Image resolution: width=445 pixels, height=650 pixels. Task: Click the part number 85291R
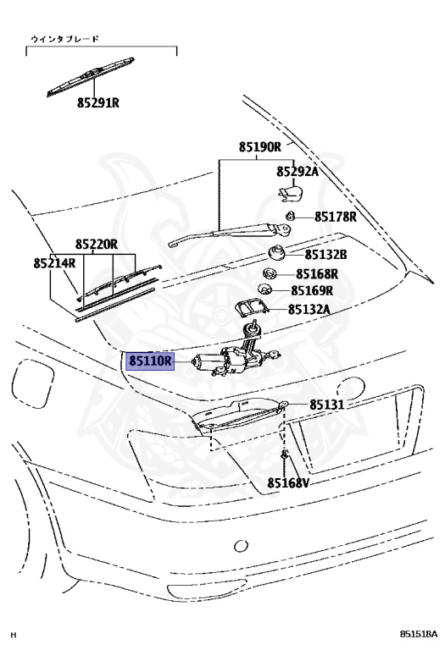[x=98, y=102]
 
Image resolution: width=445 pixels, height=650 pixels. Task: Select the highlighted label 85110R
[x=150, y=361]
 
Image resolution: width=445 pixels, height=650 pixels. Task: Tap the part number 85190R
[x=260, y=146]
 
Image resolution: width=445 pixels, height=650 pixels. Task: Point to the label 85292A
[x=298, y=171]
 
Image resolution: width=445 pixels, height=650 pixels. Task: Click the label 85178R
[x=336, y=217]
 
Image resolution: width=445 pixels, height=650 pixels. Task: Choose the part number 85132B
[x=325, y=254]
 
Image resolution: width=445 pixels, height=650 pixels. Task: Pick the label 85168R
[x=317, y=274]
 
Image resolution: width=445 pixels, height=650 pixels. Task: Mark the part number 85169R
[x=312, y=290]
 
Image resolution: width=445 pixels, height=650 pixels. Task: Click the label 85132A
[x=309, y=309]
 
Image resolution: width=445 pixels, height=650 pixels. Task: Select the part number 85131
[x=327, y=405]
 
